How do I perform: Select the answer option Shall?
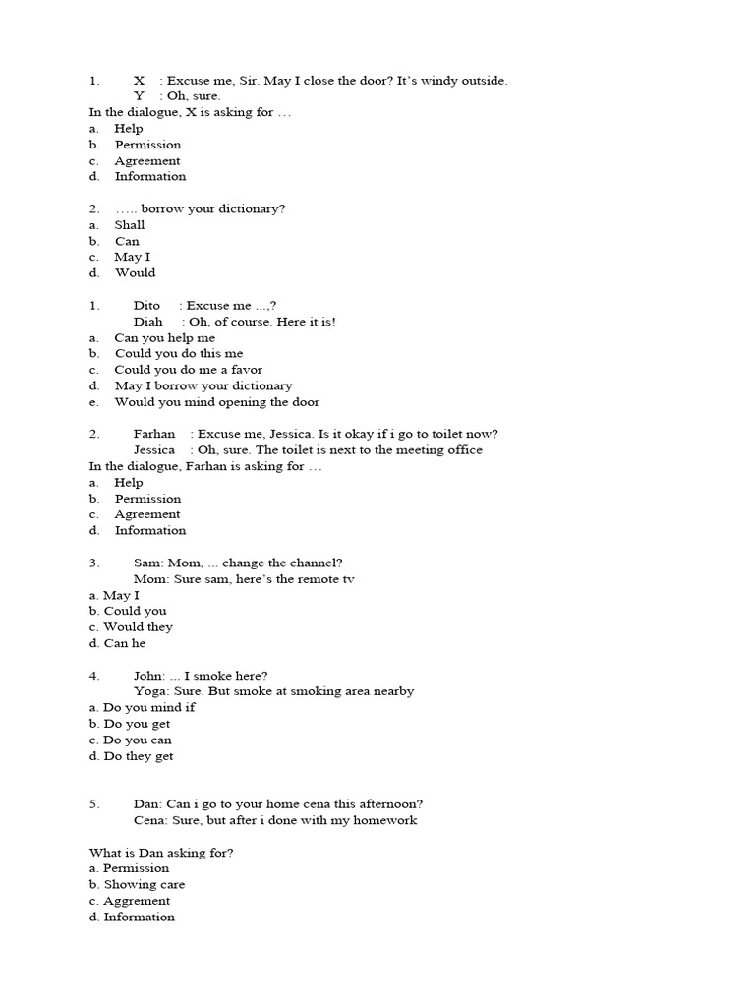pyautogui.click(x=130, y=225)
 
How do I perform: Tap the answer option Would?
pyautogui.click(x=135, y=273)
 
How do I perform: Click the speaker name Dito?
pyautogui.click(x=146, y=306)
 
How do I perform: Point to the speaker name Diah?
pyautogui.click(x=148, y=322)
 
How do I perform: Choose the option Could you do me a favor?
pyautogui.click(x=188, y=370)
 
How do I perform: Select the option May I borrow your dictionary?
pyautogui.click(x=203, y=386)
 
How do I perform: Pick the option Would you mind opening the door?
pyautogui.click(x=216, y=402)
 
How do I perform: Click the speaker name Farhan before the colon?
pyautogui.click(x=154, y=435)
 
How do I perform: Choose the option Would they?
pyautogui.click(x=138, y=627)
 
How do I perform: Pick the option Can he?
pyautogui.click(x=124, y=643)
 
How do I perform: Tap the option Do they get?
pyautogui.click(x=138, y=756)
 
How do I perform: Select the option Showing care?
pyautogui.click(x=144, y=885)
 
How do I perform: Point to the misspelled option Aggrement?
pyautogui.click(x=137, y=901)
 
